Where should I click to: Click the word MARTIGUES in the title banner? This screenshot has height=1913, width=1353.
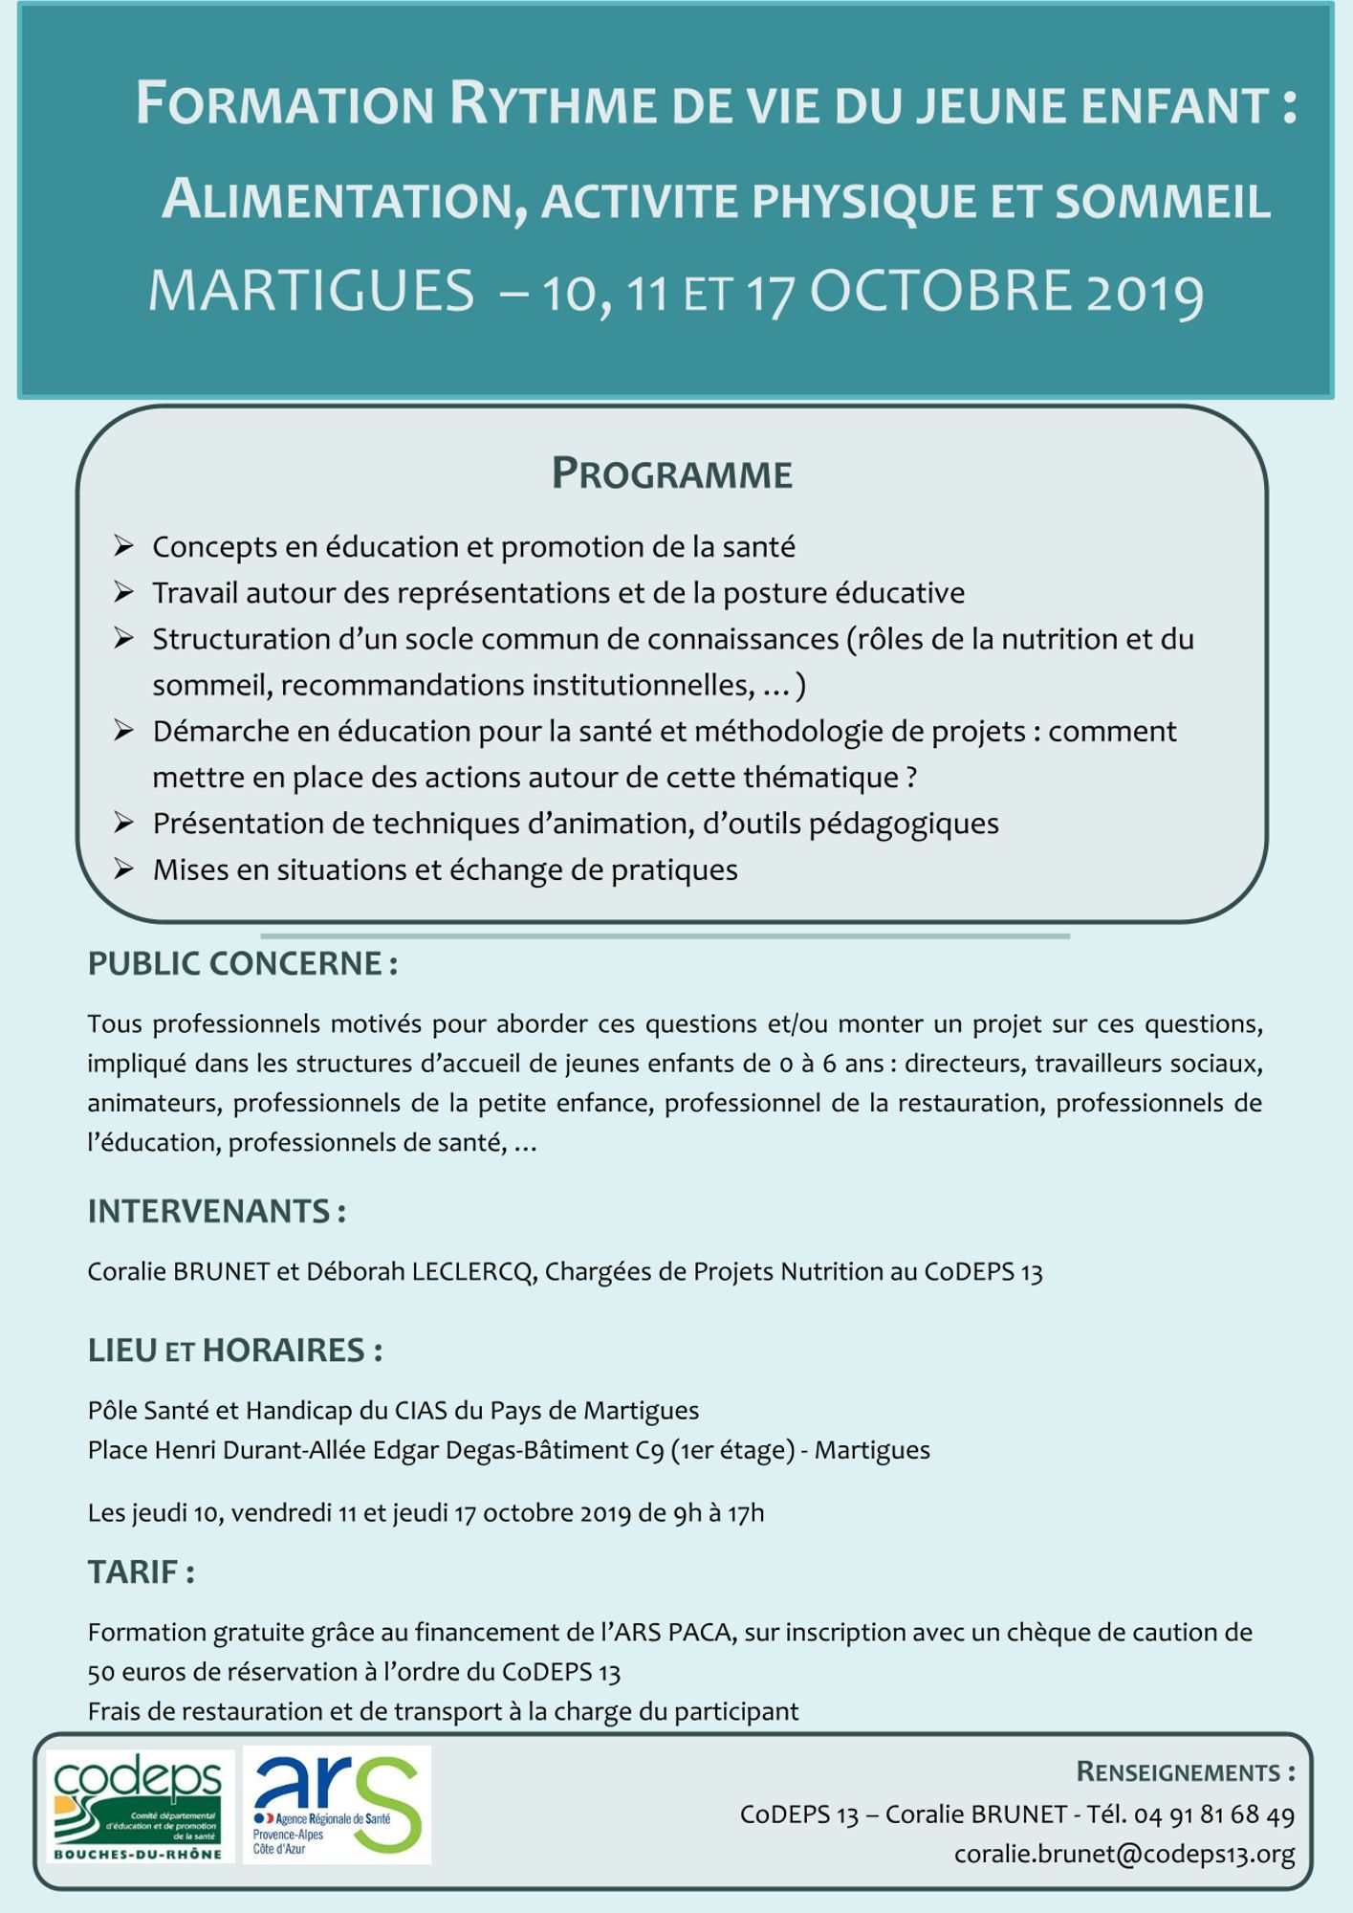[x=312, y=291]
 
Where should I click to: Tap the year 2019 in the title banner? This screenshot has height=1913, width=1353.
[x=1145, y=293]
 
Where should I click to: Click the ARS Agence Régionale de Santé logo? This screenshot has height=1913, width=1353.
[x=337, y=1805]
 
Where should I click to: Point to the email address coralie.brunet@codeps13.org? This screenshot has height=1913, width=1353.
[x=1124, y=1854]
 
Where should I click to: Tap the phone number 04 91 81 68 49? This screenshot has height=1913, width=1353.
[x=1214, y=1814]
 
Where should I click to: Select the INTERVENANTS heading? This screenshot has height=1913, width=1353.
[x=216, y=1211]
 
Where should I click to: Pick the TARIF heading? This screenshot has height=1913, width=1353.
[x=141, y=1572]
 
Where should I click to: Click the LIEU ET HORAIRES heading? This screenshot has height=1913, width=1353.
[x=234, y=1351]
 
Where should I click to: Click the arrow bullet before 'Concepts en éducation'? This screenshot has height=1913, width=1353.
[x=123, y=546]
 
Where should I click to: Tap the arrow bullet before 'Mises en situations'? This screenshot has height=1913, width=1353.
[x=123, y=869]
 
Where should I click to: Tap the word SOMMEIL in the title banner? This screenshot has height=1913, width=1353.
[x=1163, y=202]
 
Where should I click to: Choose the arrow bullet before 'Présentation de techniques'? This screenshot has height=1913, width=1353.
[x=123, y=823]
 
